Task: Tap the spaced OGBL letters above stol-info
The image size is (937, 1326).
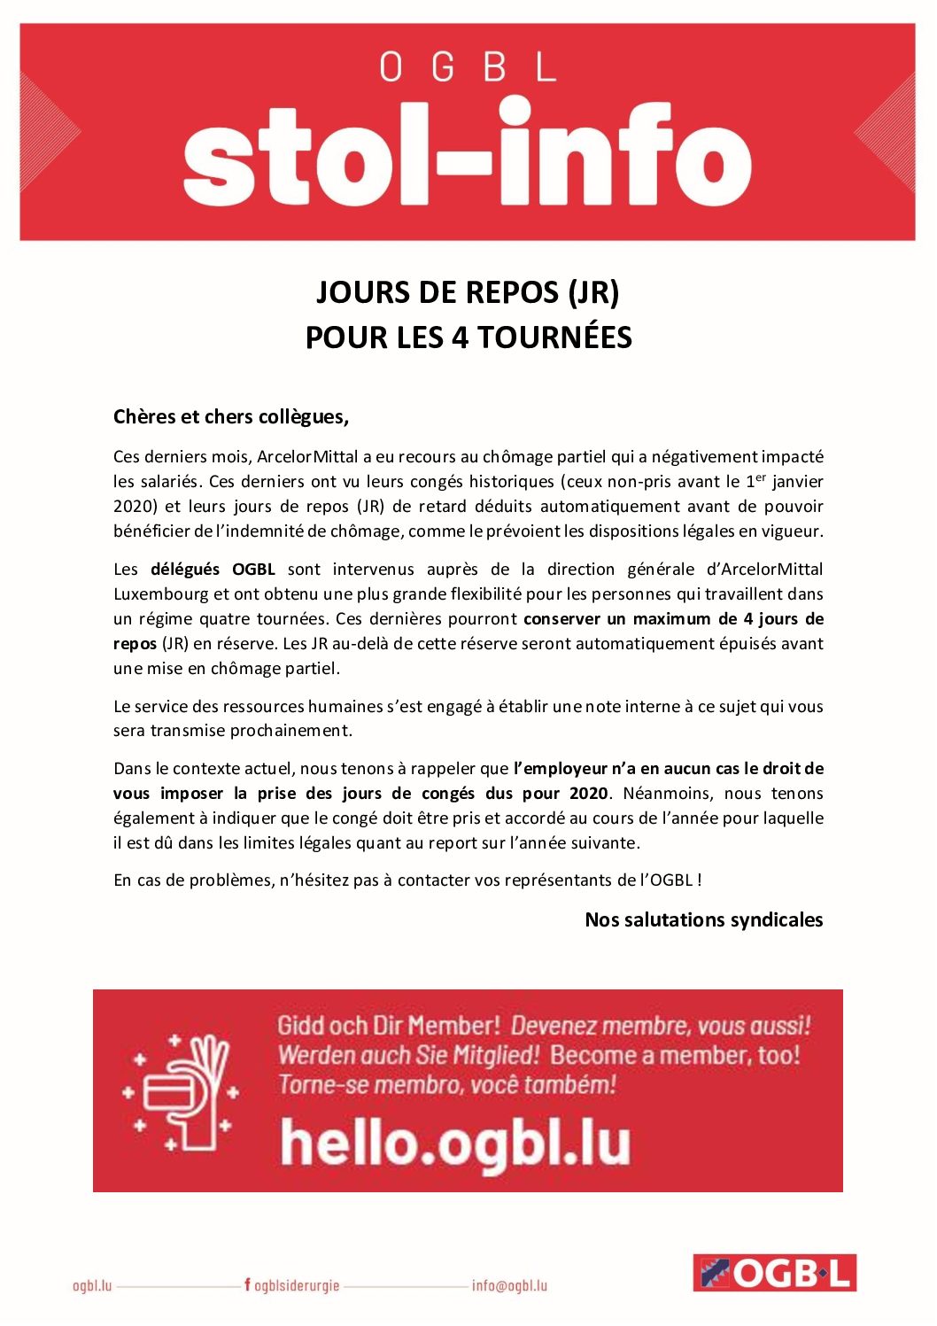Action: tap(467, 67)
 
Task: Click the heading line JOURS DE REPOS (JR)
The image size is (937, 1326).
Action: tap(468, 292)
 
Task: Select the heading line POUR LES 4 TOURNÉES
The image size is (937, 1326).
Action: tap(468, 337)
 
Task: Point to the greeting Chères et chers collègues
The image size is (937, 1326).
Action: tap(231, 416)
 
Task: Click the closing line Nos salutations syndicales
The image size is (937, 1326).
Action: tap(703, 920)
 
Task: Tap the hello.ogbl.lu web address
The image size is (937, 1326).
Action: tap(455, 1144)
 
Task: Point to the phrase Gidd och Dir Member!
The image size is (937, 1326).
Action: tap(389, 1026)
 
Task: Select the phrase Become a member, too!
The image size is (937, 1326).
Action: tap(675, 1056)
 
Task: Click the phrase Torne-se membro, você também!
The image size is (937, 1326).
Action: tap(447, 1085)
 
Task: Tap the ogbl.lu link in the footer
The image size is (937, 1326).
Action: tap(92, 1286)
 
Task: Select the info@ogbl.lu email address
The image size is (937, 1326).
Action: tap(509, 1286)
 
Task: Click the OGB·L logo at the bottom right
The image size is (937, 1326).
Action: tap(774, 1273)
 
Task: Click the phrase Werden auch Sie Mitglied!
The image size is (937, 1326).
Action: tap(408, 1056)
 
